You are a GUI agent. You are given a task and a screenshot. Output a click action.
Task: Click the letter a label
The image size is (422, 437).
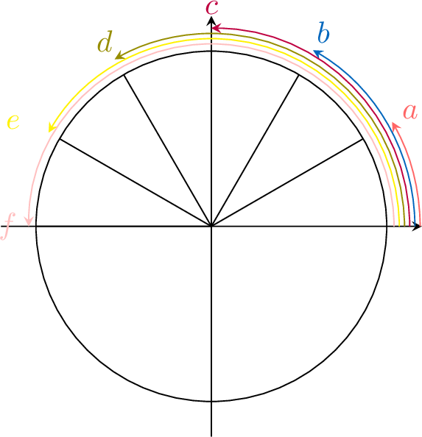pyautogui.click(x=410, y=112)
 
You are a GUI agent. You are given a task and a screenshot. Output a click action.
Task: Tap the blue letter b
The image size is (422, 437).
pyautogui.click(x=323, y=32)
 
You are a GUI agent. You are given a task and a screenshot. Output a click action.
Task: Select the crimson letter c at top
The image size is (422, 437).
pyautogui.click(x=212, y=7)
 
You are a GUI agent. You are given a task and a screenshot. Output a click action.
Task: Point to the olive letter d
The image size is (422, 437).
pyautogui.click(x=105, y=41)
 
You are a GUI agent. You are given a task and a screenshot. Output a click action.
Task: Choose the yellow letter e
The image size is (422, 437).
pyautogui.click(x=13, y=122)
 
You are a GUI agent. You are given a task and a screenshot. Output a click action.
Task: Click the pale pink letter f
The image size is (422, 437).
pyautogui.click(x=7, y=227)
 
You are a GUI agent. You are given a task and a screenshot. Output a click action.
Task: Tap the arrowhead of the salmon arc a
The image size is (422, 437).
pyautogui.click(x=395, y=127)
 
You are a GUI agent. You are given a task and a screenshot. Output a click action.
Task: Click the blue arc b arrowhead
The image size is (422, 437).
pyautogui.click(x=318, y=54)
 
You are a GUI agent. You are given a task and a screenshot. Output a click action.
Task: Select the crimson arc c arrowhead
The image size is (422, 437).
pyautogui.click(x=217, y=28)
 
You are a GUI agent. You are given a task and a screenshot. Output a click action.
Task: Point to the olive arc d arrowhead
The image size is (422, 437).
pyautogui.click(x=120, y=55)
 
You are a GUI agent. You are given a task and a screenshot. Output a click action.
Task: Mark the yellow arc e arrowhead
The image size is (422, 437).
pyautogui.click(x=52, y=127)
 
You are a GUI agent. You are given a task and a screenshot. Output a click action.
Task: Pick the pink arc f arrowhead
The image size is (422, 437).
pyautogui.click(x=29, y=221)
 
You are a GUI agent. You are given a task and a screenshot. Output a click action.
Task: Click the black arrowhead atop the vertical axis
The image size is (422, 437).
pyautogui.click(x=211, y=21)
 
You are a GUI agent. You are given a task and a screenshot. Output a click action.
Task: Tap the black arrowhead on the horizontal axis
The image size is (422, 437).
pyautogui.click(x=417, y=227)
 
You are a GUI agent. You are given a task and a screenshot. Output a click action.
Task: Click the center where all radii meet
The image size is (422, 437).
pyautogui.click(x=211, y=227)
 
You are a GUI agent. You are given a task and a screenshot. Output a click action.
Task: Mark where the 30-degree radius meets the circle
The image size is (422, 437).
pyautogui.click(x=363, y=139)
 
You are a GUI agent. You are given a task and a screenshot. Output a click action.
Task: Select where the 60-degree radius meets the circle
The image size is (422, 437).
pyautogui.click(x=299, y=75)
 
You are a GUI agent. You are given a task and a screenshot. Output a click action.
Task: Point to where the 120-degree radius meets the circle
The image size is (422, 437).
pyautogui.click(x=124, y=75)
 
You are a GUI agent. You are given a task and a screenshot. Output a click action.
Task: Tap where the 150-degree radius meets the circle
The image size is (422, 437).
pyautogui.click(x=60, y=139)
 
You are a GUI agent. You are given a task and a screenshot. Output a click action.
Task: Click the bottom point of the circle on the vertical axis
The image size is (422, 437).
pyautogui.click(x=211, y=402)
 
